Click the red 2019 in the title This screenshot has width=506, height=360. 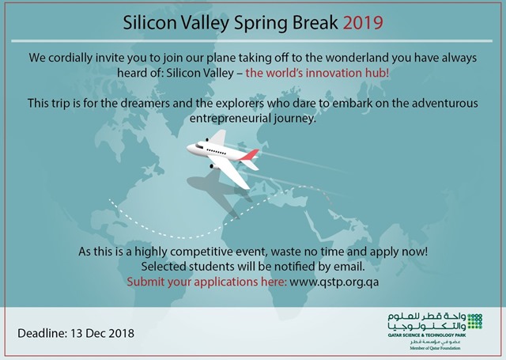(x=363, y=23)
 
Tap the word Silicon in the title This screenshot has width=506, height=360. (x=149, y=23)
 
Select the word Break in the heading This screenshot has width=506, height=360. (x=315, y=23)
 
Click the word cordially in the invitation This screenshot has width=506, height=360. (x=70, y=58)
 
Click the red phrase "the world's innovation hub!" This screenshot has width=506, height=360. (x=317, y=73)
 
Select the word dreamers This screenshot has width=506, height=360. (x=145, y=104)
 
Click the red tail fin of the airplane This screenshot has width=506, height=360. (x=250, y=155)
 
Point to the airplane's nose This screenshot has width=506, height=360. (x=189, y=148)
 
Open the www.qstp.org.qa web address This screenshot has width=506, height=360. (x=334, y=282)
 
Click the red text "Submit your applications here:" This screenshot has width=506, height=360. (x=206, y=282)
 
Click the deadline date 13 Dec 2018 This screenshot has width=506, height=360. (x=102, y=333)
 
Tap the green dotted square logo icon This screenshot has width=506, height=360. (x=474, y=321)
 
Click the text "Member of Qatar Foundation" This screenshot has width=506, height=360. (x=435, y=348)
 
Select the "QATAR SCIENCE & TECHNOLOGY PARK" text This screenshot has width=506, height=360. (x=427, y=335)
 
